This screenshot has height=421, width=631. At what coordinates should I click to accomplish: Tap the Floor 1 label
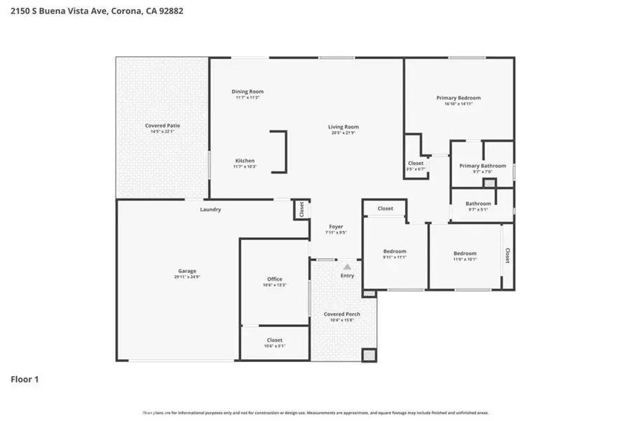(25, 380)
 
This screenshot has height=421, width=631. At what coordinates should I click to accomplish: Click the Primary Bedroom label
(459, 98)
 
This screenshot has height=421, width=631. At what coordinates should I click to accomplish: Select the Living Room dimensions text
(344, 133)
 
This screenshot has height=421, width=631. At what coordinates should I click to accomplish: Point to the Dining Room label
(247, 91)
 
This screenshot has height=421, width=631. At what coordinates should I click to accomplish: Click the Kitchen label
(245, 161)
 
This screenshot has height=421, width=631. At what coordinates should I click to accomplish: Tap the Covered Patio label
(163, 126)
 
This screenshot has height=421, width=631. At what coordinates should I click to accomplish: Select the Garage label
(186, 271)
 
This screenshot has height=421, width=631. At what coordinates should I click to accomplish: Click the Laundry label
(210, 209)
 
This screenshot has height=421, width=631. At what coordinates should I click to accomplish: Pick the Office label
(274, 279)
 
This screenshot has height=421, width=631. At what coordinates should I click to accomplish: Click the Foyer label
(337, 227)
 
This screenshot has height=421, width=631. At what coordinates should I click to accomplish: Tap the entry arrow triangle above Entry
(347, 267)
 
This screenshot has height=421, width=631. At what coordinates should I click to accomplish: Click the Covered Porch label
(342, 314)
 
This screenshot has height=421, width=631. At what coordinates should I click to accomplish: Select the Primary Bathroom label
(482, 166)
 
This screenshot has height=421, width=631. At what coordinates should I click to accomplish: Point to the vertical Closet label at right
(507, 255)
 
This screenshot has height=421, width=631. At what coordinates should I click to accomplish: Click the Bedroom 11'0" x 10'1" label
(465, 253)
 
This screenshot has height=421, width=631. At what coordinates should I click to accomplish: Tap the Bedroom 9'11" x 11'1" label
(394, 251)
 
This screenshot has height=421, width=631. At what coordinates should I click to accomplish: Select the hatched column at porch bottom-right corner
(369, 355)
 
